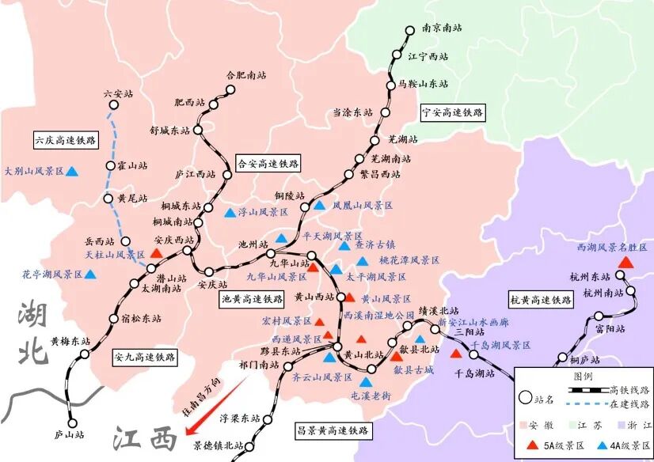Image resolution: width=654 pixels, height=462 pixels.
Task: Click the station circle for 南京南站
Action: click(x=409, y=31)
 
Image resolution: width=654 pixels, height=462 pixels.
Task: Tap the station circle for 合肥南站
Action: click(x=230, y=90)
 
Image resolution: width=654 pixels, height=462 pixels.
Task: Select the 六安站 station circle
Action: click(x=111, y=107)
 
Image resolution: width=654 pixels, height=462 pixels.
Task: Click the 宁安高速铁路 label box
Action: click(x=452, y=112)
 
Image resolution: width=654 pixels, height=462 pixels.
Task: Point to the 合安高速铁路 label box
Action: click(x=269, y=164)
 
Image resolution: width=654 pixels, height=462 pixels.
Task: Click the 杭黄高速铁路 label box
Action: click(x=540, y=300)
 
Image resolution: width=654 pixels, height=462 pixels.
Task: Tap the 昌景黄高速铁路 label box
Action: click(x=333, y=431)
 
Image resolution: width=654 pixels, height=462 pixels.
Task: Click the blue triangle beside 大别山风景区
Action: click(x=72, y=171)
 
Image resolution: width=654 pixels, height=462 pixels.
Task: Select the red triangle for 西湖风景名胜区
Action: click(x=625, y=262)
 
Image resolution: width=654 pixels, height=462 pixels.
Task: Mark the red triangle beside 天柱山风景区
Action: click(x=156, y=253)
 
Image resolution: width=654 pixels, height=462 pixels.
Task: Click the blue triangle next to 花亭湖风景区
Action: click(x=90, y=275)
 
